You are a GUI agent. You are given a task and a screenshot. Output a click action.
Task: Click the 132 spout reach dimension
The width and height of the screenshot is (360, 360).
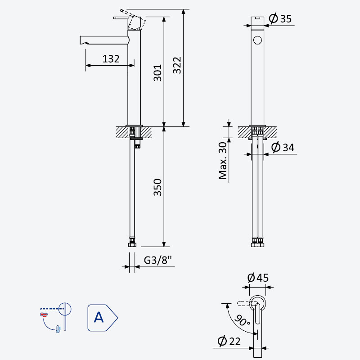[x=111, y=59]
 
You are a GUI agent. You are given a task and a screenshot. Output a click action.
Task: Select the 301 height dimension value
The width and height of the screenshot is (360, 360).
[x=157, y=73]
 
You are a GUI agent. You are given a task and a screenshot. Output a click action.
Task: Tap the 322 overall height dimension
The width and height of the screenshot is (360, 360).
[x=177, y=65]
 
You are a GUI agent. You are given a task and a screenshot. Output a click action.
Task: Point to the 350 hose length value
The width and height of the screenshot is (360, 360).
[x=157, y=187]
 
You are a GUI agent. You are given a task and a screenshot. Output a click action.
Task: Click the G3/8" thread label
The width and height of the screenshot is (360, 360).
[x=158, y=260]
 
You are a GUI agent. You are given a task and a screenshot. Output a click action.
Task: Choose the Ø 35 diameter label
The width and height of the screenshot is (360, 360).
[x=280, y=18]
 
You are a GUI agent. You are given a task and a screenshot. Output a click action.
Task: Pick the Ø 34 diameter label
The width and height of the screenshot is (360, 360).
[x=283, y=147]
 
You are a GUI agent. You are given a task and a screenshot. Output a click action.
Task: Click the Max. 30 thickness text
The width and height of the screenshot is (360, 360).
[x=223, y=161]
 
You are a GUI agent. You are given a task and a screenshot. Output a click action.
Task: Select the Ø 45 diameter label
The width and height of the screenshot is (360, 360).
[x=258, y=278]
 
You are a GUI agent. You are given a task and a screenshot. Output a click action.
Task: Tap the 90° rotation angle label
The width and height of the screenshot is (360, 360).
[x=242, y=320]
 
